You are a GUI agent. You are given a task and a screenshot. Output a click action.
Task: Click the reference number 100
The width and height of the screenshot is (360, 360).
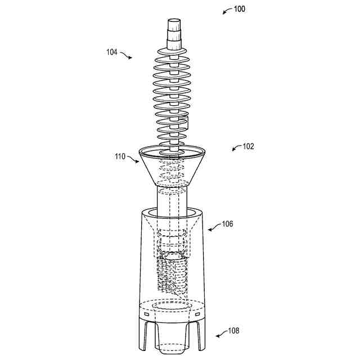[x=239, y=9]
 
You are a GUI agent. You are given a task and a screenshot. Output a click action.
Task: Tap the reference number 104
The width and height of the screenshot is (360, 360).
[x=112, y=52]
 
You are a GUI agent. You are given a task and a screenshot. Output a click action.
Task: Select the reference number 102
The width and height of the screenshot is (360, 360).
[x=248, y=146]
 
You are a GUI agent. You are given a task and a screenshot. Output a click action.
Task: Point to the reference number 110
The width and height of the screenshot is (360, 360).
[x=120, y=156]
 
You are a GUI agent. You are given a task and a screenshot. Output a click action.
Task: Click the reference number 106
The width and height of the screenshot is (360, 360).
[x=227, y=224]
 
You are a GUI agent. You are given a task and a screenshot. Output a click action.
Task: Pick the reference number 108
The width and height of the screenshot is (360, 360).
[x=233, y=331]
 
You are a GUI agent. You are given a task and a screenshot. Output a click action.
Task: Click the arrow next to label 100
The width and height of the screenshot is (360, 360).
[x=227, y=11]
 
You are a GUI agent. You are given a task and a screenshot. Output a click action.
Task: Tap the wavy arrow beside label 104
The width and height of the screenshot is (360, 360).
[x=126, y=55]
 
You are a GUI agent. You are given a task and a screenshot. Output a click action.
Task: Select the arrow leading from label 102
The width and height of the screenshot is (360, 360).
[x=237, y=148]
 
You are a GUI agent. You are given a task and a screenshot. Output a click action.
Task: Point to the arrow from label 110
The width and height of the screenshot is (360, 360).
[x=133, y=159]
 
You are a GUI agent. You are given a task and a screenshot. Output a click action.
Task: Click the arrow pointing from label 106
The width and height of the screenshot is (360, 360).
[x=214, y=227]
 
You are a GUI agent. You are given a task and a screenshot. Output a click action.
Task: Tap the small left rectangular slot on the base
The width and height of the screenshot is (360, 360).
[x=146, y=314]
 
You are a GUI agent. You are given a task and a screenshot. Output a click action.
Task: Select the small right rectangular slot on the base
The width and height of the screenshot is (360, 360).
[x=197, y=314]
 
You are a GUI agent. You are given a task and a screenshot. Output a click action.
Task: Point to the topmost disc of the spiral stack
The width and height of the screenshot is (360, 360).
[x=172, y=52]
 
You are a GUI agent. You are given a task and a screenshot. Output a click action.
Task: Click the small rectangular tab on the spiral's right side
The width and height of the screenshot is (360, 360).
[x=187, y=122]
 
